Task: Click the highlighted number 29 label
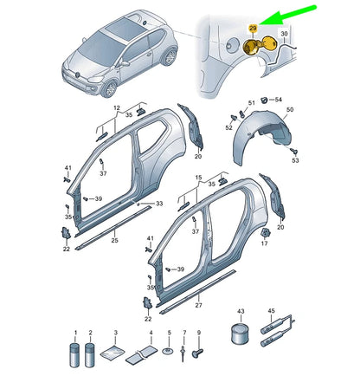pos(253,29)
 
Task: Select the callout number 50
pos(290,110)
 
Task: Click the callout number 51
pos(252,102)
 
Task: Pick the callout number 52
pos(228,127)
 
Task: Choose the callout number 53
pos(295,161)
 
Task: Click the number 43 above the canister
pos(241,311)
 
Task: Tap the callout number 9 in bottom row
pos(198,334)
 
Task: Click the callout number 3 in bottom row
pos(115,334)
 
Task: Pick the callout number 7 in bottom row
pos(184,334)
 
